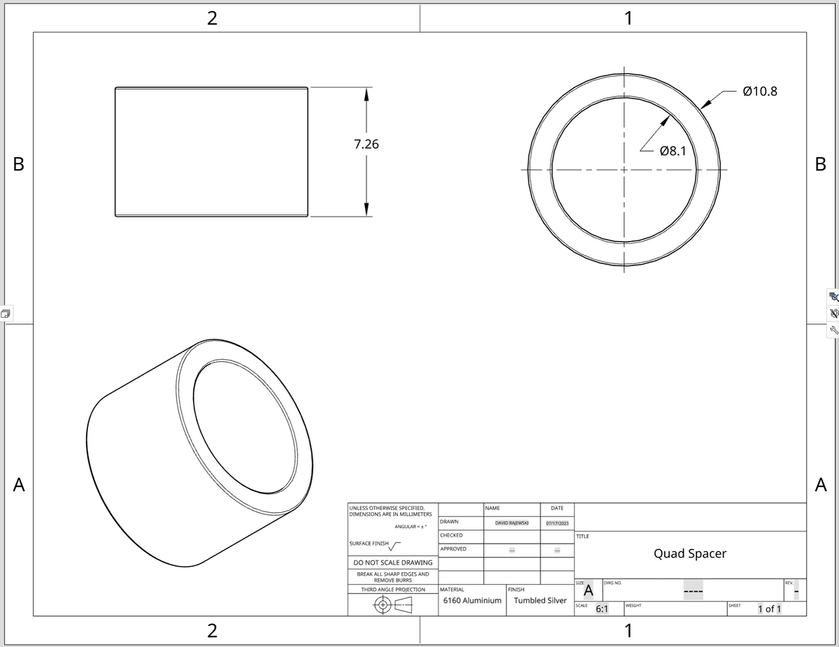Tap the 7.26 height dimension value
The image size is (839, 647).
point(366,145)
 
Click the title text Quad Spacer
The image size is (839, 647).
point(689,553)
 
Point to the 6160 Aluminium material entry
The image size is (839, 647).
point(473,600)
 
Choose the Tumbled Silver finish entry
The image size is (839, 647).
point(540,600)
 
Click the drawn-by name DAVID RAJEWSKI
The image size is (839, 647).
point(512,523)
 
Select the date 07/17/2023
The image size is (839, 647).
point(557,523)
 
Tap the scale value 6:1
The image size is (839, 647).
point(601,609)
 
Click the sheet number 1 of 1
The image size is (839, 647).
point(769,609)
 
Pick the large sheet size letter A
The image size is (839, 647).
point(589,591)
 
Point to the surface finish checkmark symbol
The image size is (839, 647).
point(396,546)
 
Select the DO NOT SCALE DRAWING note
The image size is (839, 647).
point(392,562)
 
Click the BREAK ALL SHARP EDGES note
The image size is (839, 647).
point(392,577)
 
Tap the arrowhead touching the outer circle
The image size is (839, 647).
point(707,103)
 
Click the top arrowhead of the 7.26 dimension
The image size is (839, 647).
point(366,94)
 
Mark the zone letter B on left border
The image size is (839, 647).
point(19,165)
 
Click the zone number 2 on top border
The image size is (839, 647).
point(212,19)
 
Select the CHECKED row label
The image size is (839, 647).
point(451,535)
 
